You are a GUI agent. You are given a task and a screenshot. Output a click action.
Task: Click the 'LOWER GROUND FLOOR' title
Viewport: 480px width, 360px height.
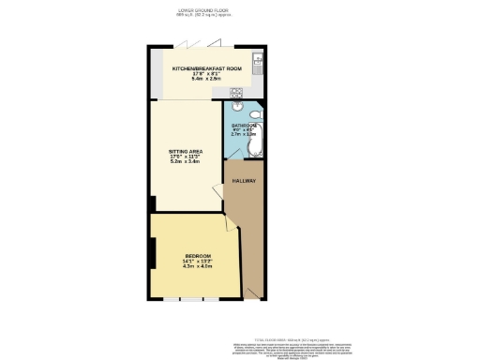tap(203, 10)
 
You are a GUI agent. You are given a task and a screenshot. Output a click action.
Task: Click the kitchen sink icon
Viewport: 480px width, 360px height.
tap(260, 59)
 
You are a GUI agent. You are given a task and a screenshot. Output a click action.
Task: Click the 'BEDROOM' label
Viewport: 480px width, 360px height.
tap(198, 256)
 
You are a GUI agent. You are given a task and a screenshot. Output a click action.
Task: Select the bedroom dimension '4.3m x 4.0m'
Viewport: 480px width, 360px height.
tap(198, 267)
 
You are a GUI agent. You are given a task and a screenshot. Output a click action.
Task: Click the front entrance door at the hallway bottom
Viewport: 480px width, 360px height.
tap(254, 297)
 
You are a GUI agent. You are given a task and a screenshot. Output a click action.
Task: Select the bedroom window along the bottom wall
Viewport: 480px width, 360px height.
tap(191, 301)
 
